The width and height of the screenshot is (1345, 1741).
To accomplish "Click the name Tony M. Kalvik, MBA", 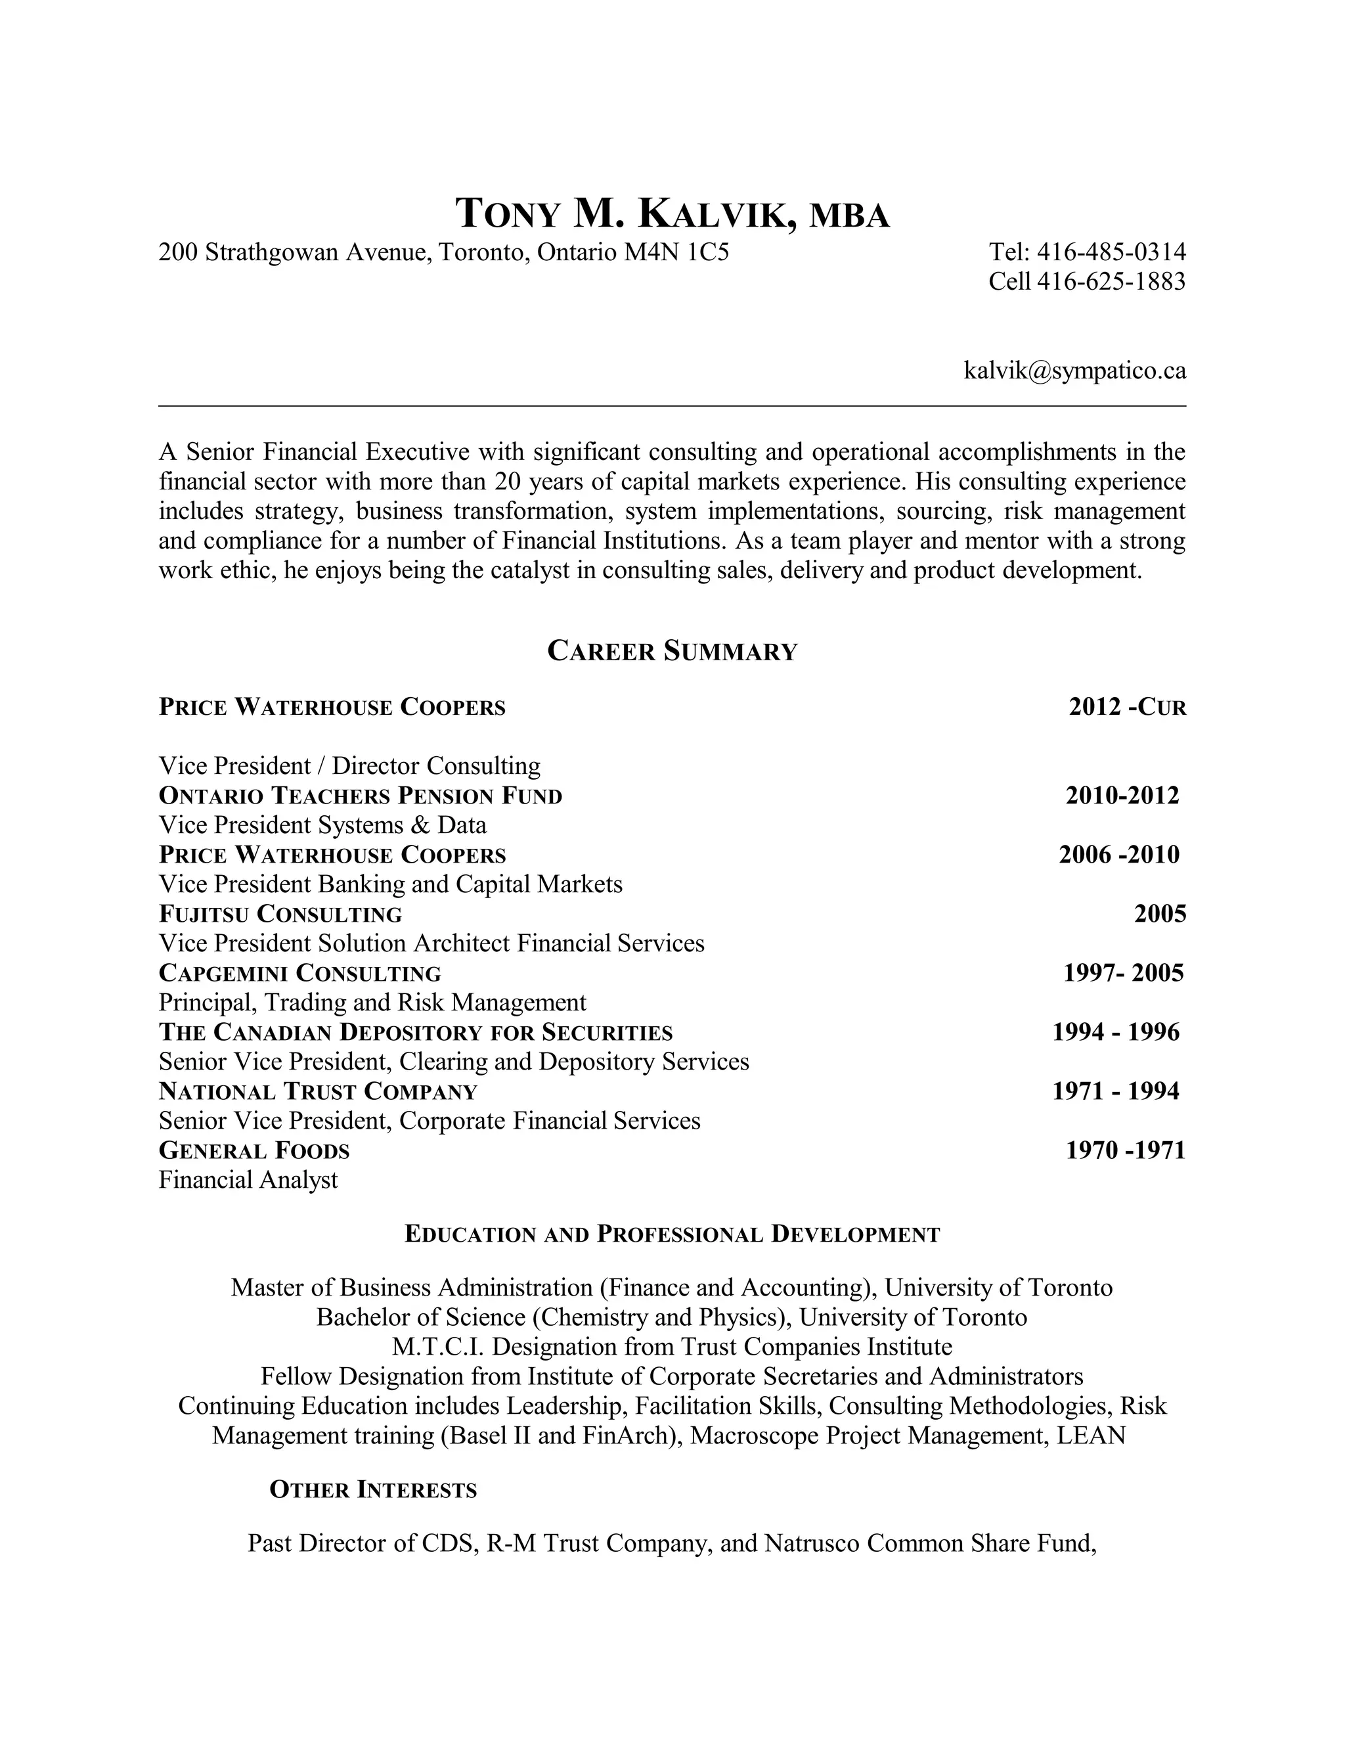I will coord(672,214).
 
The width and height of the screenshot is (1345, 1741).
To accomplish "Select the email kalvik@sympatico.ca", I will coord(1074,371).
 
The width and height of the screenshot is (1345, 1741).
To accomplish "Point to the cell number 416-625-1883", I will coord(1111,281).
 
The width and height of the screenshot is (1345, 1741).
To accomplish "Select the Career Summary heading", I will coord(672,651).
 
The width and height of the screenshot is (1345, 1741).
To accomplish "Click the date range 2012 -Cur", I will coord(1127,707).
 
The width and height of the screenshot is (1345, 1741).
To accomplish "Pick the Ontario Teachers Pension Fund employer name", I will coord(360,796).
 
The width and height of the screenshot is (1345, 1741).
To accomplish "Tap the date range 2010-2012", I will coord(1122,796).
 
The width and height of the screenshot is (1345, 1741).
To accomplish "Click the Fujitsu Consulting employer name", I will coord(280,914).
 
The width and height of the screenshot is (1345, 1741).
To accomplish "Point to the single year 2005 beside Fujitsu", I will coord(1159,914).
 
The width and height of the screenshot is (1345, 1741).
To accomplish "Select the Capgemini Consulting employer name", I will coord(299,974).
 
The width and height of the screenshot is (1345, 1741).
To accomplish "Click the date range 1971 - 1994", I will coord(1116,1091).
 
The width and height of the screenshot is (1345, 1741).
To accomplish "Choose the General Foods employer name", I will coord(254,1150).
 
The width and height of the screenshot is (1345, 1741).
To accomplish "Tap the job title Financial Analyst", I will coord(248,1180).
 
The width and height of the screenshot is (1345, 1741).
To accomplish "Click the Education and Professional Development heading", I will coord(672,1235).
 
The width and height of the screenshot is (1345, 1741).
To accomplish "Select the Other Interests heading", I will coord(373,1490).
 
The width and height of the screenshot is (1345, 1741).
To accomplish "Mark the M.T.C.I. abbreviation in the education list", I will coord(438,1347).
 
